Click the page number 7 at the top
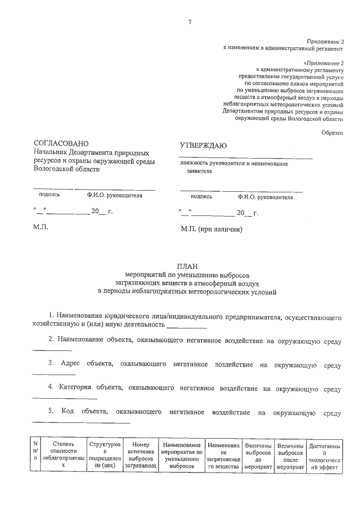(190, 21)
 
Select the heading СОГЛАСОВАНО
(61, 144)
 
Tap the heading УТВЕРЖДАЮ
(202, 146)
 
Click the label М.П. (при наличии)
(211, 230)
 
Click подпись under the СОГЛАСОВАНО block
(49, 195)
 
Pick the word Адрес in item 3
(70, 365)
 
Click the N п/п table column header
(35, 454)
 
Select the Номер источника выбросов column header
(141, 454)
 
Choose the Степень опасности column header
(63, 454)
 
